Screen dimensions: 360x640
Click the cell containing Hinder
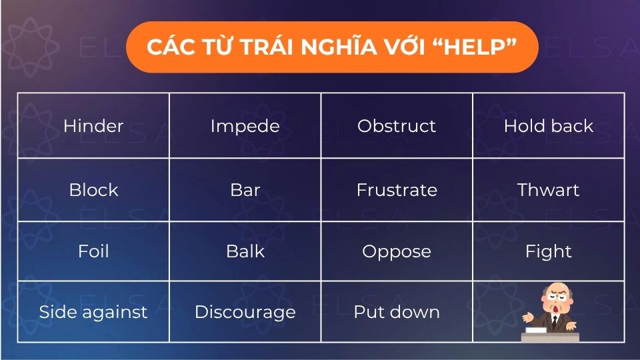pyautogui.click(x=93, y=126)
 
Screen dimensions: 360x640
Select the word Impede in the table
pyautogui.click(x=245, y=126)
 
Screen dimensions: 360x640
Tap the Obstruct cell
pyautogui.click(x=397, y=126)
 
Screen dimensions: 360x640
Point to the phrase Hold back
pyautogui.click(x=548, y=126)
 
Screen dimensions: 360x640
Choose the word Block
pyautogui.click(x=93, y=190)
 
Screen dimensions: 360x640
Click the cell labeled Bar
pyautogui.click(x=245, y=190)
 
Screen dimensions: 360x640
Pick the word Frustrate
pyautogui.click(x=397, y=190)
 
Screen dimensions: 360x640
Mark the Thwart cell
pyautogui.click(x=548, y=190)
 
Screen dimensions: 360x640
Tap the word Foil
pyautogui.click(x=93, y=251)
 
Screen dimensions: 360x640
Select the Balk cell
pyautogui.click(x=245, y=251)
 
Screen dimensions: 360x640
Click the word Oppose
pyautogui.click(x=397, y=251)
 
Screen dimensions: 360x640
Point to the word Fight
pyautogui.click(x=548, y=251)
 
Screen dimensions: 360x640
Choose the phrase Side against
pyautogui.click(x=93, y=312)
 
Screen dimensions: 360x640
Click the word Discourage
pyautogui.click(x=245, y=312)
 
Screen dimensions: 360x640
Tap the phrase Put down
pyautogui.click(x=397, y=312)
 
